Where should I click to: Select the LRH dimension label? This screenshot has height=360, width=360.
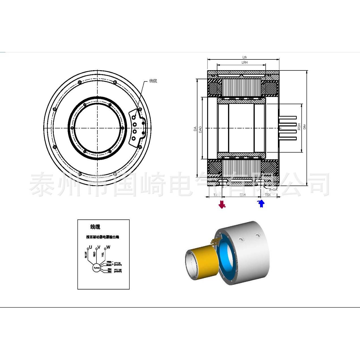tap(245, 62)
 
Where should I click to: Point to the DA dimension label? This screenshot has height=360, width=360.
tap(195, 128)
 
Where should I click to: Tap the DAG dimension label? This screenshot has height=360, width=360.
tap(200, 130)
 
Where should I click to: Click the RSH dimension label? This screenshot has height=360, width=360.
tap(299, 127)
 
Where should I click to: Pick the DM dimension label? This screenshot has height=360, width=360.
tap(305, 127)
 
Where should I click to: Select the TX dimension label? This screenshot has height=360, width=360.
tap(215, 195)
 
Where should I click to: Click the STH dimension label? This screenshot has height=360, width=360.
tap(242, 195)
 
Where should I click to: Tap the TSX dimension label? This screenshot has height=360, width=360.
tap(268, 195)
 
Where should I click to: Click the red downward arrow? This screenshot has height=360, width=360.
tap(222, 204)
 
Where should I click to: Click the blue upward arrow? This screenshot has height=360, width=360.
tap(261, 203)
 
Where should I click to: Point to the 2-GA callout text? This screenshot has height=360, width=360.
tap(273, 190)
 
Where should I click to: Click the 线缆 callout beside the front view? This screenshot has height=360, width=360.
tap(153, 81)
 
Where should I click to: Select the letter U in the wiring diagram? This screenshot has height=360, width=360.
tap(90, 247)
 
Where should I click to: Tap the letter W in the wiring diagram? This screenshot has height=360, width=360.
tap(108, 247)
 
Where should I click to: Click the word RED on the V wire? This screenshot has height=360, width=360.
tap(95, 254)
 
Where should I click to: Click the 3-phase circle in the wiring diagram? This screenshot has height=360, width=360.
tap(97, 267)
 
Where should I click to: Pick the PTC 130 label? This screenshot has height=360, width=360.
tap(118, 270)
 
